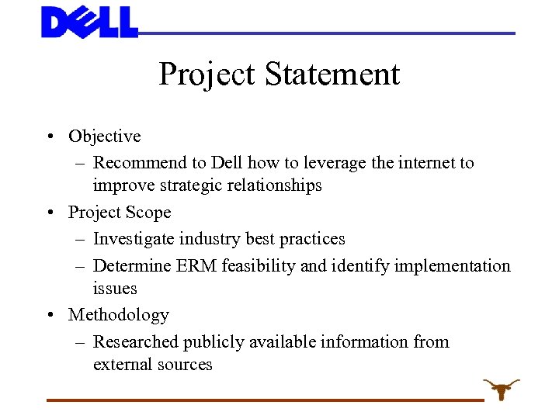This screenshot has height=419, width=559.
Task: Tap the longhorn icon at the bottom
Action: coord(501,388)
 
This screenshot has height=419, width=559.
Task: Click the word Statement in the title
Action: coord(332,74)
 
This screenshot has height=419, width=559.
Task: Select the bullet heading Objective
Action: coord(105,137)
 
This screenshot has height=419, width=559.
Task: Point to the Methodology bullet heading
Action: coord(119,315)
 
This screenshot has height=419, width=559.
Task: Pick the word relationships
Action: coord(273,186)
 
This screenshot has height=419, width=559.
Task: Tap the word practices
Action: coord(312,239)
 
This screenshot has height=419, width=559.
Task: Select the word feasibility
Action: coord(259,266)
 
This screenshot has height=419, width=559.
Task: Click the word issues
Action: coord(115,289)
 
